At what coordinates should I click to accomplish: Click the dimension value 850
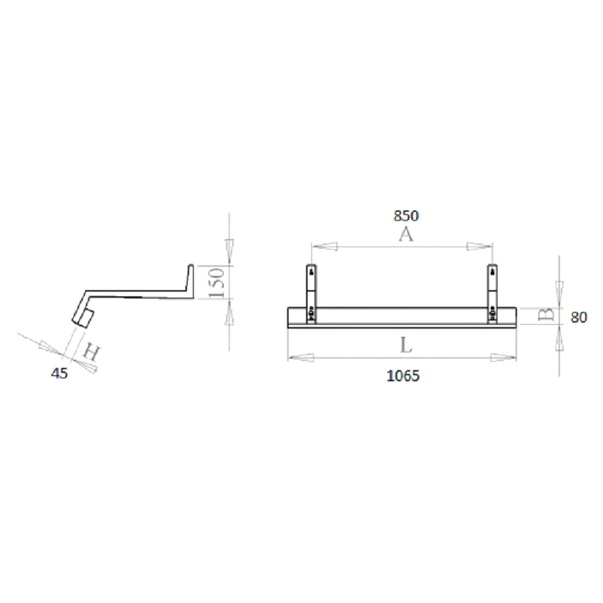click(406, 216)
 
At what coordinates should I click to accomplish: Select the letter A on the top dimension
click(406, 235)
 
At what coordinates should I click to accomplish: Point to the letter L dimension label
click(406, 346)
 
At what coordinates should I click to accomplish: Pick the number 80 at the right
click(579, 317)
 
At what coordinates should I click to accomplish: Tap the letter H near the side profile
click(90, 351)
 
